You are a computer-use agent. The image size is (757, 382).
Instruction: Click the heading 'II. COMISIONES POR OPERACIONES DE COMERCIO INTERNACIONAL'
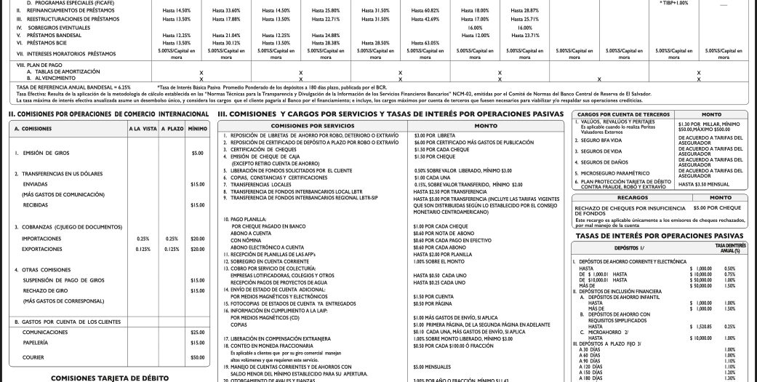[x=108, y=114]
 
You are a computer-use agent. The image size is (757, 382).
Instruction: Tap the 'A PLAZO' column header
[x=172, y=129]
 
